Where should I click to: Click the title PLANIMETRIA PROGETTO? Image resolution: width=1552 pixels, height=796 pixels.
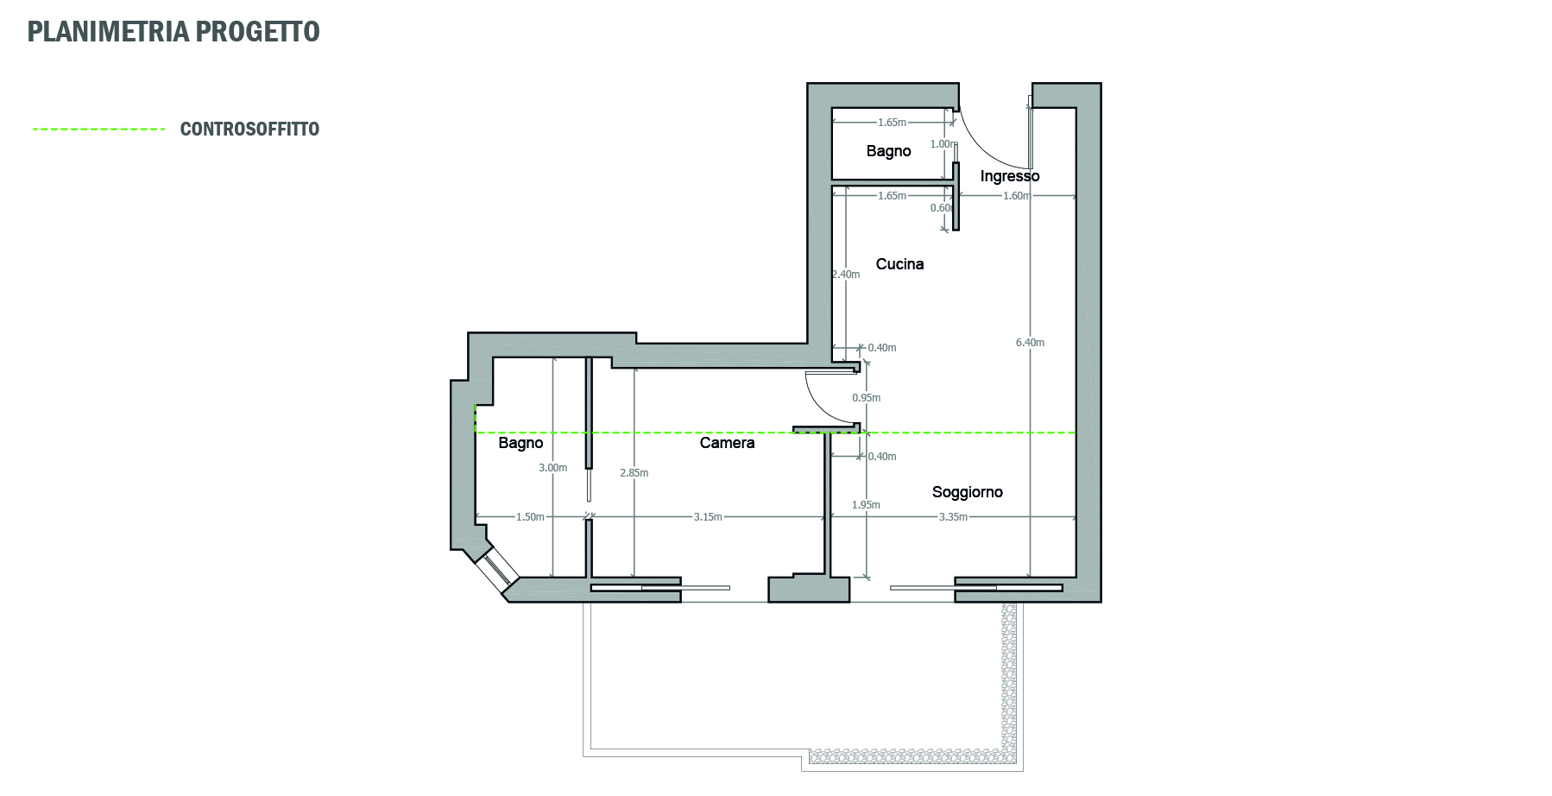point(173,32)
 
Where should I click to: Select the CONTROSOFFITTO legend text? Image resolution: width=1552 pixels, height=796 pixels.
point(249,130)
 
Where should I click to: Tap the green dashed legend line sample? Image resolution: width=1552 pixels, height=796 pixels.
point(98,130)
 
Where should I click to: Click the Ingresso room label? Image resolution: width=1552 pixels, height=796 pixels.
point(1010,177)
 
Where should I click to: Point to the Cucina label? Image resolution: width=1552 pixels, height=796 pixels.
point(899,264)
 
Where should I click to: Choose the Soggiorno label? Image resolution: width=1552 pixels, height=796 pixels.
point(968,493)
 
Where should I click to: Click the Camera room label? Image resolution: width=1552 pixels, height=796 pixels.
point(727,443)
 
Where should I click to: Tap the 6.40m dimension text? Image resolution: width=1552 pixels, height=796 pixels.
point(1030,343)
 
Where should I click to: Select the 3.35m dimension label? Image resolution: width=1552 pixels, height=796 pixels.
point(953,517)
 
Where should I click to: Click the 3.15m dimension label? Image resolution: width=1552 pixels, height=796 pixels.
point(708,517)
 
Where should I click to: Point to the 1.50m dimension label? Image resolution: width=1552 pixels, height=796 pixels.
point(530,517)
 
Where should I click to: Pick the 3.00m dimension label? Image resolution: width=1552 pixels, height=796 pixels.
point(552,468)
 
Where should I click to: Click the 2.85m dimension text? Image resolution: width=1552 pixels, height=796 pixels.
point(634,473)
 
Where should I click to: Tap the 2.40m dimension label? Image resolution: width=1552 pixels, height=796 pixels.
point(845,275)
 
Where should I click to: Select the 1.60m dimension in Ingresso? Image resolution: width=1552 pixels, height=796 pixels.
point(1016,196)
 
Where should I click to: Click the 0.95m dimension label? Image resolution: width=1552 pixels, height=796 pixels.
point(866,398)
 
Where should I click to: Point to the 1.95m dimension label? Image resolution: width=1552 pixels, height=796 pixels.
point(866,505)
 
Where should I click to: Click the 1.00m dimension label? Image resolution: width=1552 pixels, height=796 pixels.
point(943,144)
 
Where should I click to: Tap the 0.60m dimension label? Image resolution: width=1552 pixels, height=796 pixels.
point(942,208)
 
